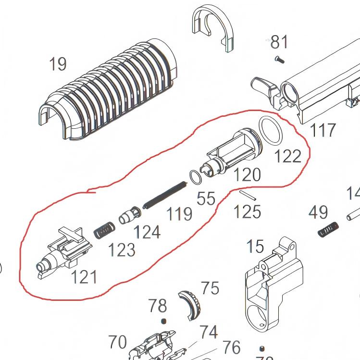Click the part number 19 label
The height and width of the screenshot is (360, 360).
point(58,63)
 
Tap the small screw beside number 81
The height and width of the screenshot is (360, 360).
point(279,59)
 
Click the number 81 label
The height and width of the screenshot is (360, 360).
point(279,42)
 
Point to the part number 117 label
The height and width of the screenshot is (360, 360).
point(322,129)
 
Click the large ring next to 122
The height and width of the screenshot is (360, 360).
point(272,131)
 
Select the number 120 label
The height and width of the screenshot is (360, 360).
point(247,175)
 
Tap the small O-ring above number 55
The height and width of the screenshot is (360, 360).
point(195,177)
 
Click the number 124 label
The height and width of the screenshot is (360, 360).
point(147,232)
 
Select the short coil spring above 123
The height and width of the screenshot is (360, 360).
point(103,230)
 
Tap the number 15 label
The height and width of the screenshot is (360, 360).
point(255,247)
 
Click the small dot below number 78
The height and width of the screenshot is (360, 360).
point(163,321)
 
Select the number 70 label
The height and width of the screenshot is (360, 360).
point(117,342)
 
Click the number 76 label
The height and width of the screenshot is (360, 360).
point(231,347)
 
